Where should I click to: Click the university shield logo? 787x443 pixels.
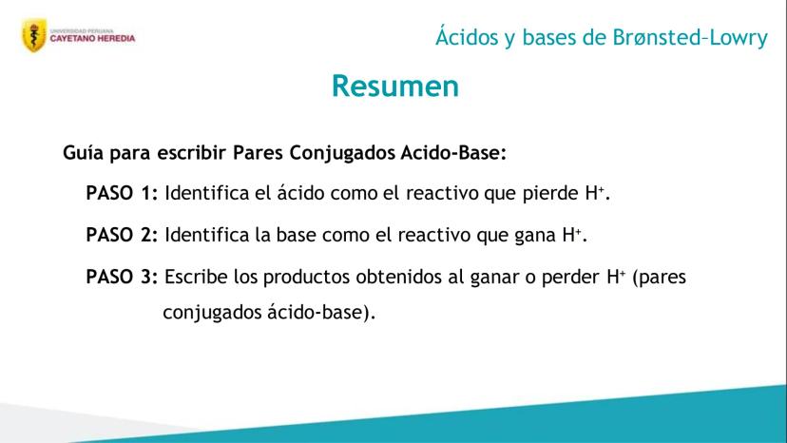coord(34,35)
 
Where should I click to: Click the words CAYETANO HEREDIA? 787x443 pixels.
coord(92,38)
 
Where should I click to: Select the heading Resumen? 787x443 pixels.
coord(395,86)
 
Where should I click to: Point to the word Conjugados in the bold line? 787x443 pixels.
coord(342,153)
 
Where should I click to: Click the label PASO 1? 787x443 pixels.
coord(122,193)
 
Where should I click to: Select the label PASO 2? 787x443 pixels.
coord(122,235)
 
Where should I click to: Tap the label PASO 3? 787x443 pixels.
coord(122,277)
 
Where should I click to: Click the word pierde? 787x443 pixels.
coord(550,194)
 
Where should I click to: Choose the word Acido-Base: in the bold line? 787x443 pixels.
coord(453,152)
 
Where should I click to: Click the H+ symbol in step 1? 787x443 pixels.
coord(594,193)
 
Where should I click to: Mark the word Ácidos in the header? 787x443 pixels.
coord(468,37)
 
